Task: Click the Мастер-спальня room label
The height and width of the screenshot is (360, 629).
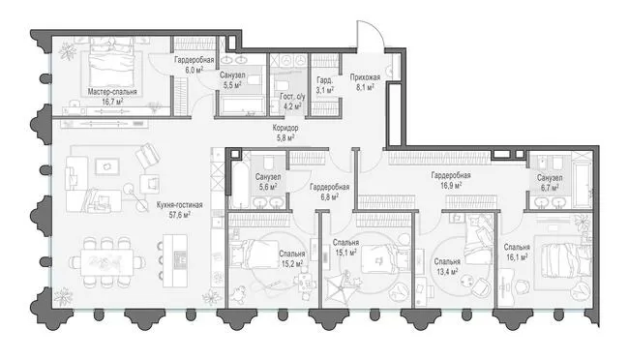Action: point(112,92)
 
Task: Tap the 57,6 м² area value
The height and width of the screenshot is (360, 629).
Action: point(180,215)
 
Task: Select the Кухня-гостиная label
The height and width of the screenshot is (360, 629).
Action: point(180,205)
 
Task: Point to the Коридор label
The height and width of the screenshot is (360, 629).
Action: point(285,128)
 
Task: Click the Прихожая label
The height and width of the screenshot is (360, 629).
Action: point(365,77)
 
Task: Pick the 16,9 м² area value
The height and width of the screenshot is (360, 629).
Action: point(451,186)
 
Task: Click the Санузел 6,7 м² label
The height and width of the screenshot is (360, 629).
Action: point(550,182)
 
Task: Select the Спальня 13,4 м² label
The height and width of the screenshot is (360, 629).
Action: point(447,267)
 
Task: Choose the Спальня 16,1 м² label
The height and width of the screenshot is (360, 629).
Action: point(517,252)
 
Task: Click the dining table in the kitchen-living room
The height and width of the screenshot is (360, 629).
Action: point(106,261)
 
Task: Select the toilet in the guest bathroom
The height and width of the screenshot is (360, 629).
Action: point(283,86)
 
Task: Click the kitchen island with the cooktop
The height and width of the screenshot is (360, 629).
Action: point(175,260)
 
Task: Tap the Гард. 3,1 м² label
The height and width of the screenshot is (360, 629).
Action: point(325,85)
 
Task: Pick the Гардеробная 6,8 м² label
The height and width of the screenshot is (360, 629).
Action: point(329,192)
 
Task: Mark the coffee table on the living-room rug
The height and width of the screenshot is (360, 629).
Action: point(106,166)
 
